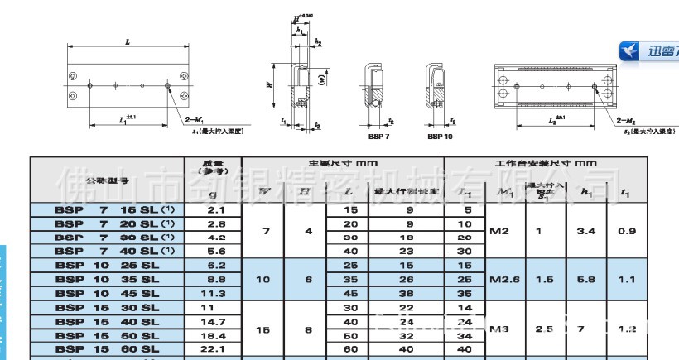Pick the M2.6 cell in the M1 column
pos(501,280)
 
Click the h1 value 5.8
pos(586,280)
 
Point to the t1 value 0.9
pos(628,231)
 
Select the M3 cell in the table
pos(499,329)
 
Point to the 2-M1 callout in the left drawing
pos(187,120)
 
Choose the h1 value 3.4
pos(586,231)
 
